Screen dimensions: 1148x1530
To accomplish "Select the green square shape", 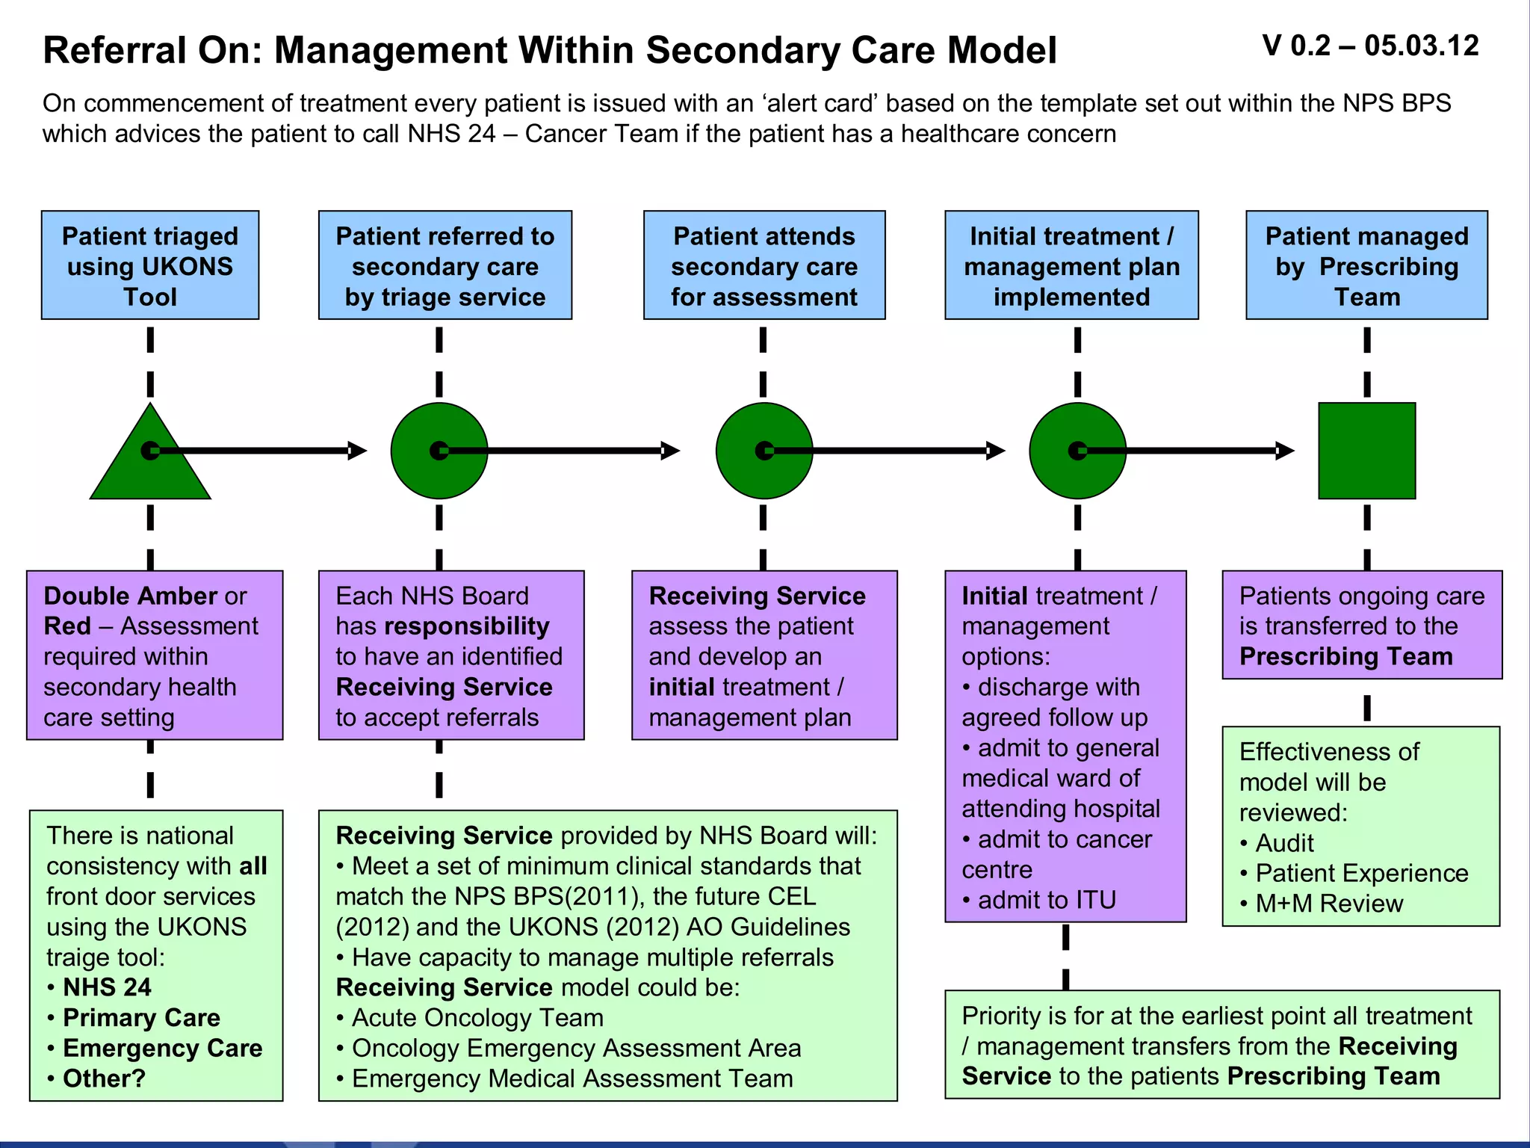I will point(1366,451).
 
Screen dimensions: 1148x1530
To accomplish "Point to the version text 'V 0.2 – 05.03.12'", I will point(1370,46).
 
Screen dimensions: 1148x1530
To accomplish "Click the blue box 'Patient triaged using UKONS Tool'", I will point(150,265).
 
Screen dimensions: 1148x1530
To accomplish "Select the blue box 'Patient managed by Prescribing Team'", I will point(1366,265).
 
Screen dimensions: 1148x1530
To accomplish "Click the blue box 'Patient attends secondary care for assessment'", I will point(764,265).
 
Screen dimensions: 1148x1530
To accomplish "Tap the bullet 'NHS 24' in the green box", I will point(107,987).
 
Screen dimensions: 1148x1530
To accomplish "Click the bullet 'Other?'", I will point(104,1078).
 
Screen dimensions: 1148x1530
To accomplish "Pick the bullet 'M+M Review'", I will point(1328,904).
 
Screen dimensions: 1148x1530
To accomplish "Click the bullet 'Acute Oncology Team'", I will point(477,1018).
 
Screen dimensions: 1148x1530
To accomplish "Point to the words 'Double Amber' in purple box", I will point(131,596).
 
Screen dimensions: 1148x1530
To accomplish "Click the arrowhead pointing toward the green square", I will point(1285,451).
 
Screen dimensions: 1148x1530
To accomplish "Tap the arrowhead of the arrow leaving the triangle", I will point(358,451).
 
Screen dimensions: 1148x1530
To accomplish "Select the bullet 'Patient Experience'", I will point(1361,873).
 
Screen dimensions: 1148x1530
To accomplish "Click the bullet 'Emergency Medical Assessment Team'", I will point(572,1078).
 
